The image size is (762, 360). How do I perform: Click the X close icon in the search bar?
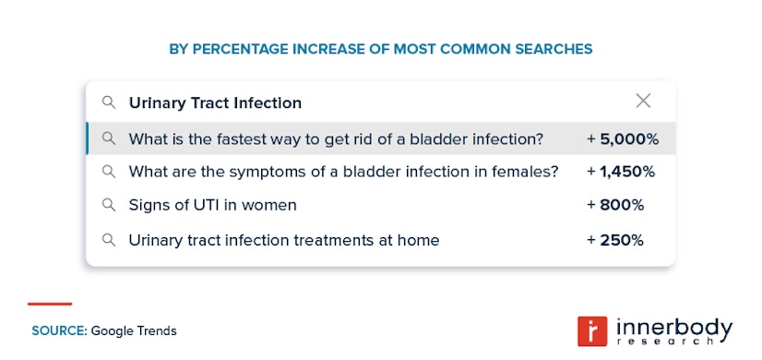pyautogui.click(x=643, y=102)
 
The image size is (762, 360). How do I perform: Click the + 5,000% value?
pyautogui.click(x=623, y=139)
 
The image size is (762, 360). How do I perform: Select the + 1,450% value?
pyautogui.click(x=621, y=172)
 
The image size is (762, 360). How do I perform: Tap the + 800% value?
pyautogui.click(x=615, y=205)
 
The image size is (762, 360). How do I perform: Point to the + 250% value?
pyautogui.click(x=615, y=240)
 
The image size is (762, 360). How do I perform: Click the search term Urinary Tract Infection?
pyautogui.click(x=215, y=102)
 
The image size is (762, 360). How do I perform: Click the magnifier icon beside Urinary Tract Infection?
pyautogui.click(x=109, y=102)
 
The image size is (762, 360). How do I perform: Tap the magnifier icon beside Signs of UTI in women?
pyautogui.click(x=109, y=205)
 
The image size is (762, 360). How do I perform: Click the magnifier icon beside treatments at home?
pyautogui.click(x=109, y=240)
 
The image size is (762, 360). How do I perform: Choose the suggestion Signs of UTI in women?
pyautogui.click(x=212, y=205)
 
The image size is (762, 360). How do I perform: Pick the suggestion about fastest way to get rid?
pyautogui.click(x=336, y=139)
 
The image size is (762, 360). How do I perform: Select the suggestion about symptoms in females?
pyautogui.click(x=343, y=172)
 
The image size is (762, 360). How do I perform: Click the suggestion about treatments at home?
pyautogui.click(x=284, y=240)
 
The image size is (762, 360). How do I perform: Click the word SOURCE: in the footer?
pyautogui.click(x=59, y=330)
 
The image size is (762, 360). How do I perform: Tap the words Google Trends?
pyautogui.click(x=134, y=330)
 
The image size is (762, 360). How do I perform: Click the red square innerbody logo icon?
pyautogui.click(x=589, y=330)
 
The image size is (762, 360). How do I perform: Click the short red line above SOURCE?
pyautogui.click(x=50, y=304)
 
